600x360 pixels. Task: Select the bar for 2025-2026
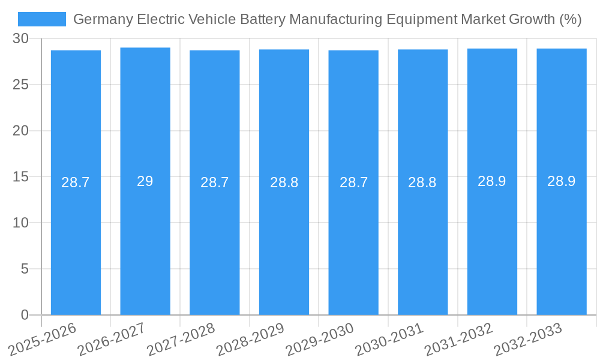point(76,240)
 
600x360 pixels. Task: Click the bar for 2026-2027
point(145,240)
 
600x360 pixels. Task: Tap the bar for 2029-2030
point(353,240)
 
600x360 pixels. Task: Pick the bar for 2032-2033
point(562,240)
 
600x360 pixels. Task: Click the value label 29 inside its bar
point(145,181)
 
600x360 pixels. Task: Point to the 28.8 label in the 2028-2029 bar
point(284,182)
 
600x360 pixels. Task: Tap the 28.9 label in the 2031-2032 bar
point(492,181)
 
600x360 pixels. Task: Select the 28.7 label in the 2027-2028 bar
point(215,182)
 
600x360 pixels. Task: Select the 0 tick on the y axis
point(25,315)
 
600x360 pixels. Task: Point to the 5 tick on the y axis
point(25,269)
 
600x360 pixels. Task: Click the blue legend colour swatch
point(42,19)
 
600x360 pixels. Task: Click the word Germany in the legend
point(103,20)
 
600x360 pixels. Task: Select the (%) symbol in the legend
point(570,20)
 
